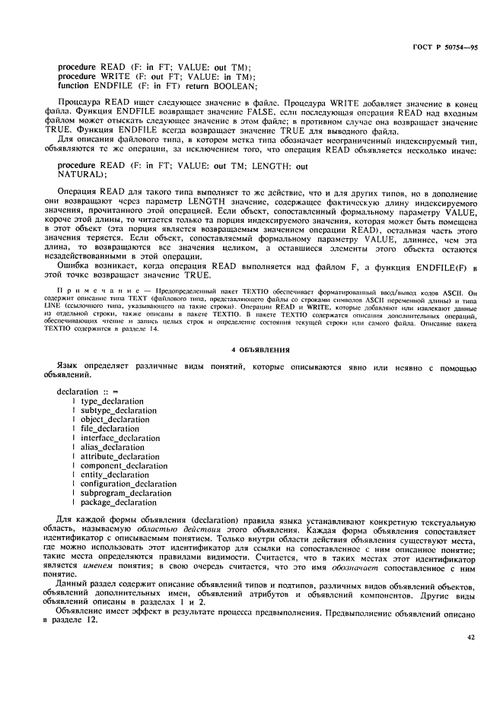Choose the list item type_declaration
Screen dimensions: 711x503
coord(112,401)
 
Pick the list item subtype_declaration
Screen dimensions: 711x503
coord(118,410)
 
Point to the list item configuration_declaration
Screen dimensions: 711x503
coord(128,484)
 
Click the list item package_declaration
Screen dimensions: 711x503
coord(119,503)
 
